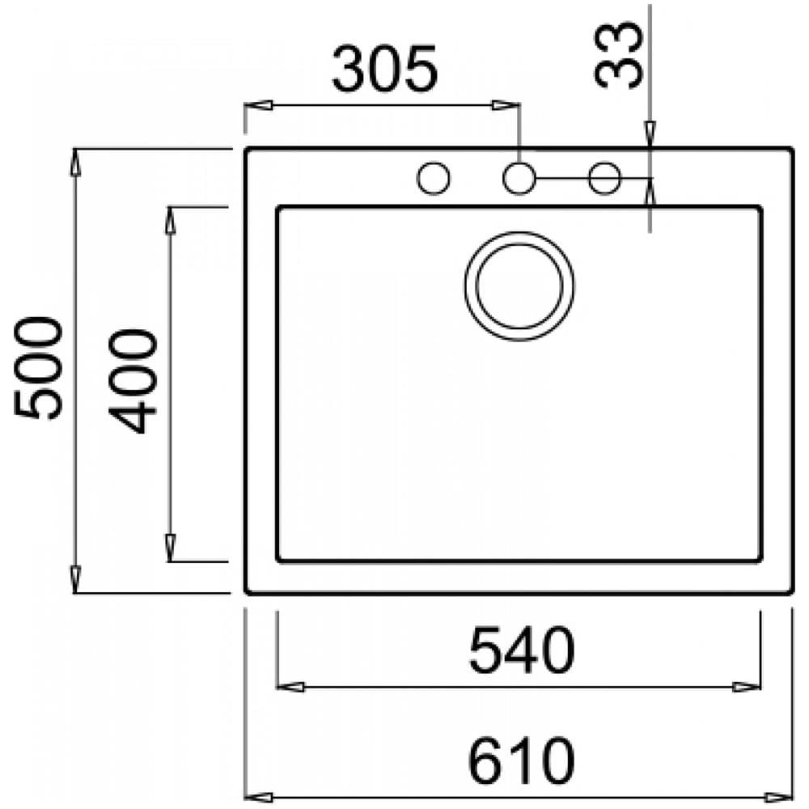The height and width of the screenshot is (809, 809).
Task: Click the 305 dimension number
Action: pos(384,69)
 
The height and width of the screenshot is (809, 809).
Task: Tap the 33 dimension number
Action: pos(619,55)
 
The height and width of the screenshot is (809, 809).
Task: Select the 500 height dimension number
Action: pos(38,367)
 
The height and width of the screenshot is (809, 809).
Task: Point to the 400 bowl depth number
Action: pos(132,381)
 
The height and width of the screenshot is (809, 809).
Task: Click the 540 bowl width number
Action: pos(521,650)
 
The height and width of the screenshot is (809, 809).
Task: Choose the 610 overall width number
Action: pos(521,760)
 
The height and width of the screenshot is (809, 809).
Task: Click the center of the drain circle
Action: pos(519,286)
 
